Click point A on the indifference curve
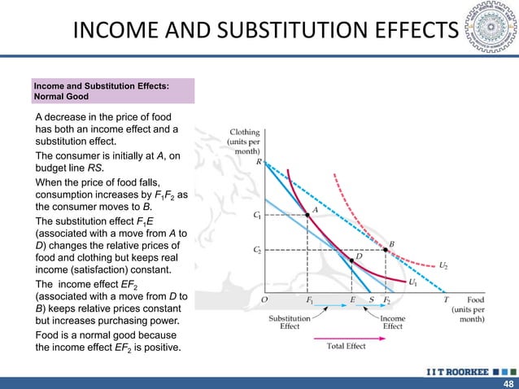click(x=307, y=216)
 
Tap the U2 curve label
click(x=443, y=265)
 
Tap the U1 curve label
click(x=412, y=282)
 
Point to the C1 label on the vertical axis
click(x=257, y=216)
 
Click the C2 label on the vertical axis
click(x=257, y=251)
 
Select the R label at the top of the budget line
click(x=259, y=162)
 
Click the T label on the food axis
click(x=445, y=299)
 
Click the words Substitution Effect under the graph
click(x=290, y=322)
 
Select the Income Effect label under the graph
click(x=392, y=322)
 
